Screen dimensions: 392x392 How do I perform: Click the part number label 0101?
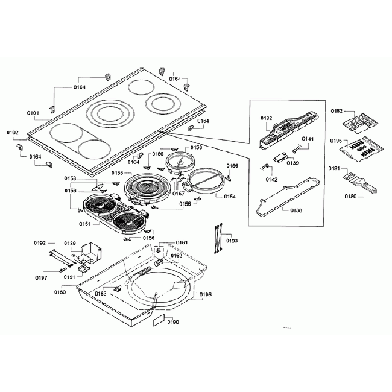click(x=33, y=113)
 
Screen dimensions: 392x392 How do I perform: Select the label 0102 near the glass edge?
click(x=13, y=132)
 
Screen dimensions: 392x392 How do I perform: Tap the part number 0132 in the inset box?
click(x=267, y=118)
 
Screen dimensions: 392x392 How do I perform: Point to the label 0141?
click(x=308, y=139)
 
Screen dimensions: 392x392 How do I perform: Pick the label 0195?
click(x=337, y=141)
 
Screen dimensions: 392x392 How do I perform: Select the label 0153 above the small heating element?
click(x=197, y=147)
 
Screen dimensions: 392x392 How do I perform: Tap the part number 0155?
click(x=118, y=174)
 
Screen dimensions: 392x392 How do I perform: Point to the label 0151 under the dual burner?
click(x=85, y=224)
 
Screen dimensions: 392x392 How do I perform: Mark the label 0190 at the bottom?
click(x=173, y=321)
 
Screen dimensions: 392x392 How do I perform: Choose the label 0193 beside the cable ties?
click(x=232, y=241)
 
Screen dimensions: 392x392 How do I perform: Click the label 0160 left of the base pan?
click(x=60, y=292)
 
